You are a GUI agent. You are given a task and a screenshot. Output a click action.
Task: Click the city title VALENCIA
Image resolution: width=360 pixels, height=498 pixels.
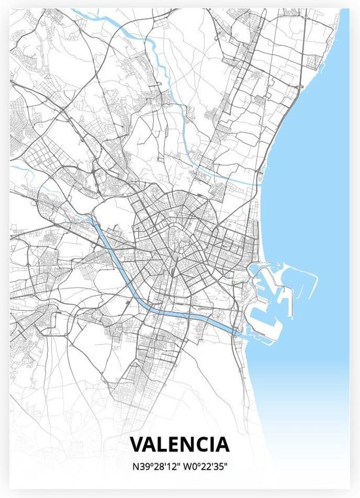[180, 444]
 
